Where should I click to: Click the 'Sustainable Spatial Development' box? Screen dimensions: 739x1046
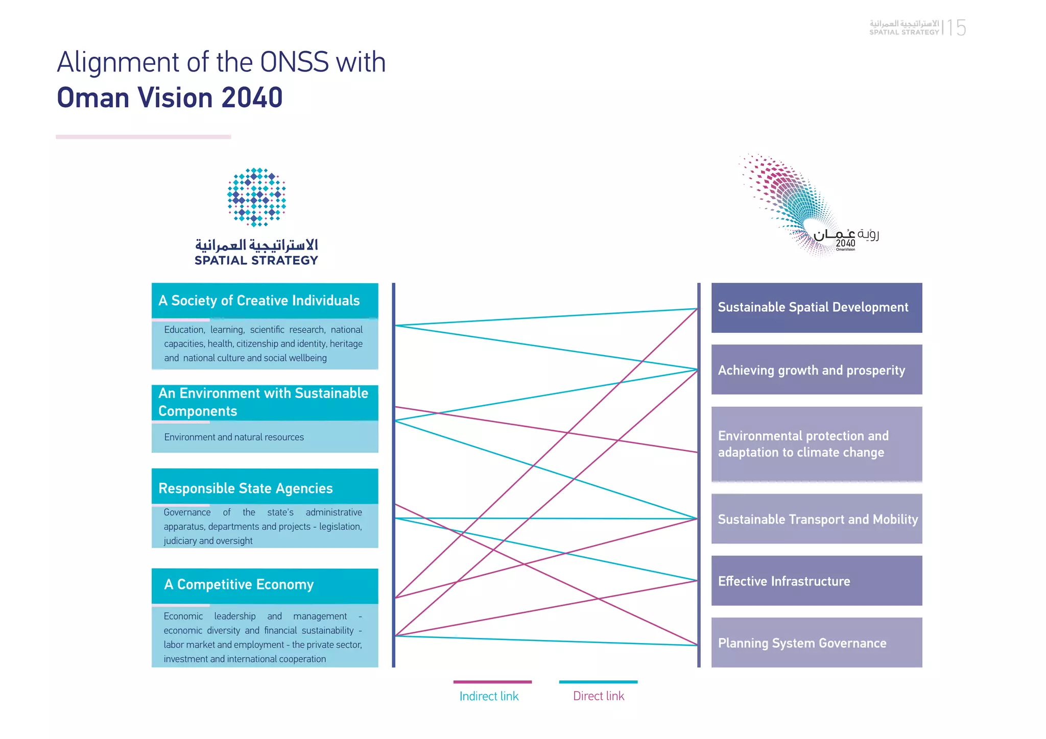point(816,308)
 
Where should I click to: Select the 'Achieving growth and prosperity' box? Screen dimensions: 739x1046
point(816,370)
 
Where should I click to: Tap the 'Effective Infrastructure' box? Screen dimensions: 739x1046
point(816,581)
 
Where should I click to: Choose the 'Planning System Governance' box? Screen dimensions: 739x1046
point(816,643)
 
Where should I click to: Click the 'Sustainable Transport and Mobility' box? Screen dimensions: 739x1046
point(816,519)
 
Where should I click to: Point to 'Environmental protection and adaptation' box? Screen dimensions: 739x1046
point(816,444)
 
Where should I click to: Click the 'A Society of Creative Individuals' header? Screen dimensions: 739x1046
point(265,301)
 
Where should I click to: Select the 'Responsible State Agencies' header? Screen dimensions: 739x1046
point(265,487)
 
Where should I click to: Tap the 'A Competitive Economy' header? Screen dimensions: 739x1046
point(265,585)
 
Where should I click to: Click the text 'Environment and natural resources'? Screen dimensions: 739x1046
point(234,437)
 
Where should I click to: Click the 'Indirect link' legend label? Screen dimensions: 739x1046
point(489,696)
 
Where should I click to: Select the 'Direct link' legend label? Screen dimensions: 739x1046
point(599,696)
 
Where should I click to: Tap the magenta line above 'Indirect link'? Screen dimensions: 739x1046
point(492,682)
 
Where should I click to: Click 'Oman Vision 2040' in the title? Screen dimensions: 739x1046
point(170,97)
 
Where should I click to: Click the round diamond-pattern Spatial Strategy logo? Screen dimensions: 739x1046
point(256,197)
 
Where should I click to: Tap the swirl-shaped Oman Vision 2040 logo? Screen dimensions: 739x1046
point(797,204)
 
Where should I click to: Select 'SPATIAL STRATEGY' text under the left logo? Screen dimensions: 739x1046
point(256,260)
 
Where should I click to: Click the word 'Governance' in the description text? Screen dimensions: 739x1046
point(187,512)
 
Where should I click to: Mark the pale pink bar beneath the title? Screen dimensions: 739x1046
point(144,137)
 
